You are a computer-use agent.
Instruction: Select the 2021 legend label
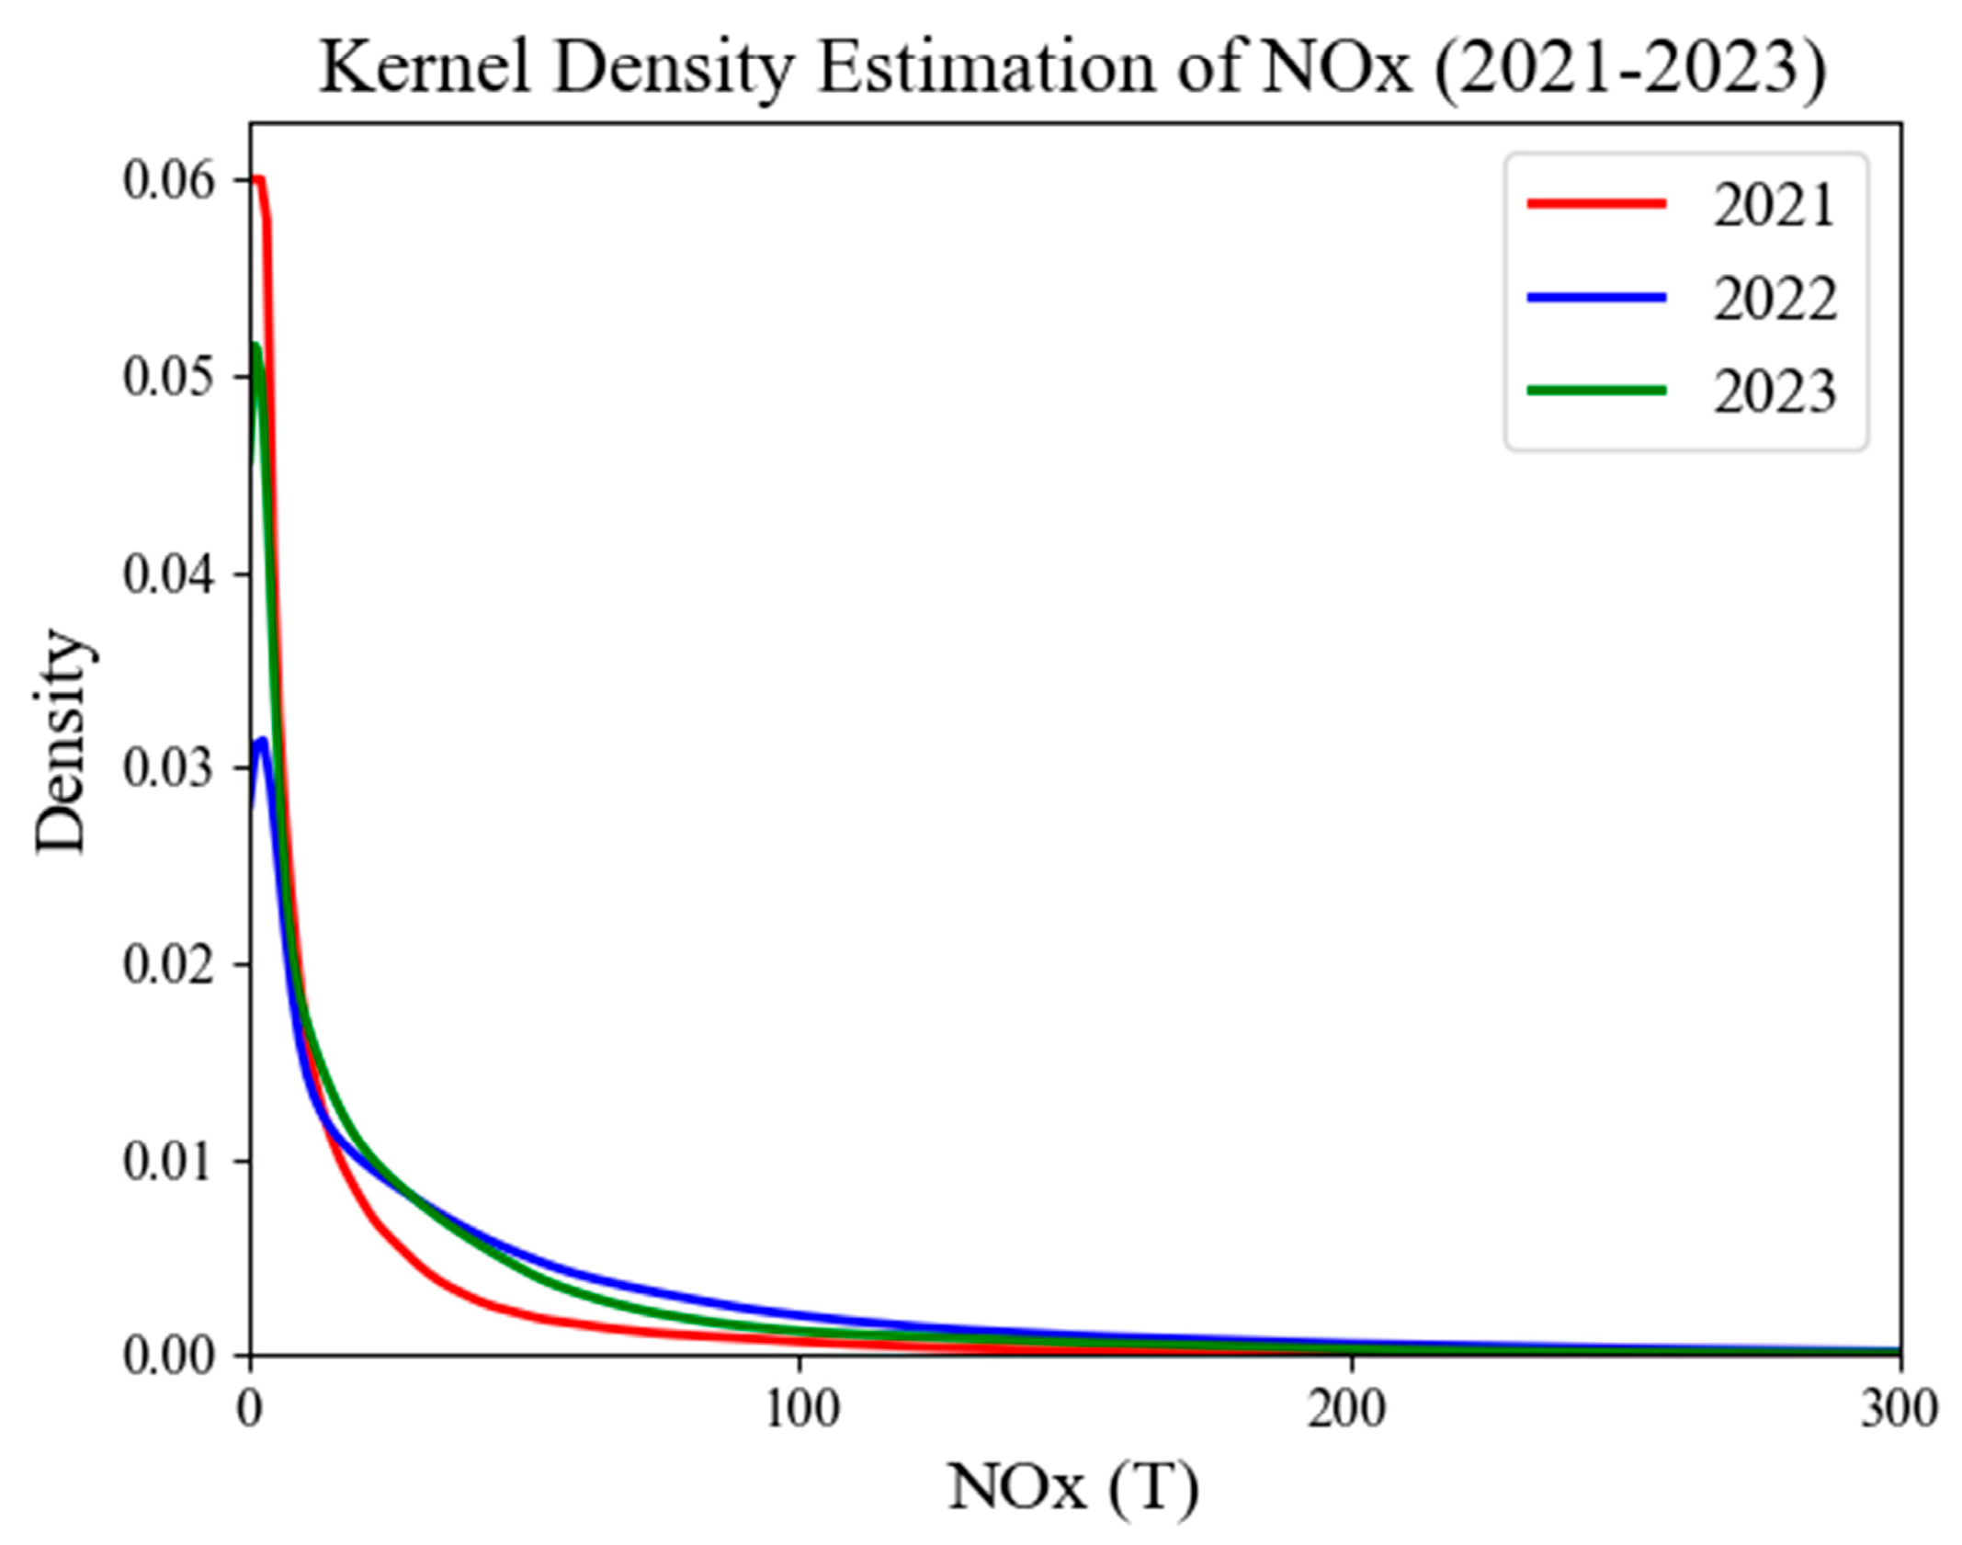[1773, 205]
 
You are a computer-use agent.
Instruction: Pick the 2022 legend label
[1773, 299]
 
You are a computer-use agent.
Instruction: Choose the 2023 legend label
[1773, 392]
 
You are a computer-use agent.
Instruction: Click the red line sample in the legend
[1595, 204]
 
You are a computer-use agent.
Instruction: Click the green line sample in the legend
[1595, 391]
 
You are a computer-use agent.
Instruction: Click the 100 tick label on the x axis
[801, 1409]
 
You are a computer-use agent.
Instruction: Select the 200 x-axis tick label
[1347, 1409]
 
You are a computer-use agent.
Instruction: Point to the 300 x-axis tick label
[1898, 1409]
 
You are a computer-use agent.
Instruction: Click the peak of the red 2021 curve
[259, 179]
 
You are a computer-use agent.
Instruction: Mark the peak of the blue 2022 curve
[264, 741]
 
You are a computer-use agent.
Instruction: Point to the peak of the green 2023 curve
[256, 346]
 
